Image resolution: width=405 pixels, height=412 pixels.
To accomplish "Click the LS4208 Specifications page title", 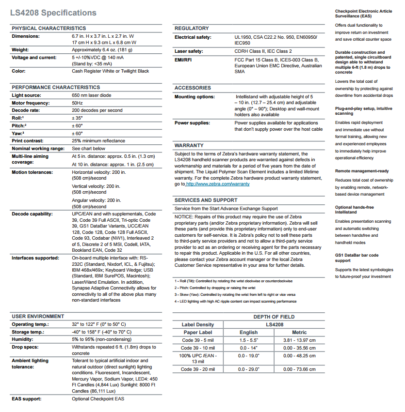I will [53, 13].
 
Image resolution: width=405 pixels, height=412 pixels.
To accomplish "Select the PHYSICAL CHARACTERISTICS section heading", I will [49, 29].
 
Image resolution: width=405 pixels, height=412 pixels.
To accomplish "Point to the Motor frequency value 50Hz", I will [77, 103].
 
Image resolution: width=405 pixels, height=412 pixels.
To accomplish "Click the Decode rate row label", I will [26, 110].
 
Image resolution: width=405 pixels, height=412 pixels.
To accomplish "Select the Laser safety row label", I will [189, 51].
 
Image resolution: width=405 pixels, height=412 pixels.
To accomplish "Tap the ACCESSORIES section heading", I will [193, 88].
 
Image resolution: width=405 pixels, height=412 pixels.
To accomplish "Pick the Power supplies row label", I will [192, 123].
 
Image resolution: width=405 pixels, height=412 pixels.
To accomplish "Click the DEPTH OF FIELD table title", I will [274, 317].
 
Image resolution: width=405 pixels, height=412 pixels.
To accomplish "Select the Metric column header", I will [299, 333].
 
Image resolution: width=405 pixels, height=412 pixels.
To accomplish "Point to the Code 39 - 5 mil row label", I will [197, 340].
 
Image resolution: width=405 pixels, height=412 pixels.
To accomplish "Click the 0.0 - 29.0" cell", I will [248, 369].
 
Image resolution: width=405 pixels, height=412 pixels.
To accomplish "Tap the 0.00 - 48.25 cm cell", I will [299, 355].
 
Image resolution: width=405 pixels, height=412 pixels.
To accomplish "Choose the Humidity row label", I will [23, 340].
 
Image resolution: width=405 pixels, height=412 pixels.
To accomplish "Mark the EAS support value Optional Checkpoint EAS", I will [98, 399].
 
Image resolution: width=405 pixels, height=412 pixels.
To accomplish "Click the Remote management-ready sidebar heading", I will [362, 171].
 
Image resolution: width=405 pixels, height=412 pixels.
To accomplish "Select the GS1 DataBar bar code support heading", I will [356, 258].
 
